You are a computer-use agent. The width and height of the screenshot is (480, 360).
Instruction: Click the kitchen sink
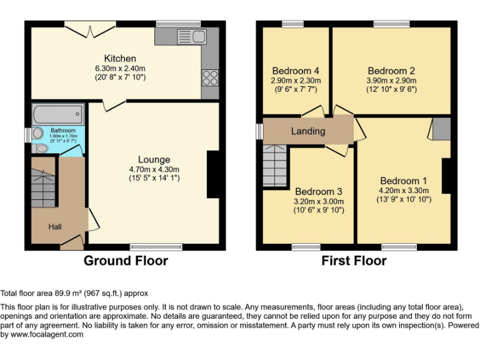(191, 36)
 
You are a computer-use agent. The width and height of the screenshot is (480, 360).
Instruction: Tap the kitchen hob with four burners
(210, 77)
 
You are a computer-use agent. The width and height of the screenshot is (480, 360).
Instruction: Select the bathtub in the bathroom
(57, 114)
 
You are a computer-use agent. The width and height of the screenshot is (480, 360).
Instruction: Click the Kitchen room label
(120, 59)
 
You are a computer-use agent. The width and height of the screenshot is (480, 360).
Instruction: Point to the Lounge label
(154, 160)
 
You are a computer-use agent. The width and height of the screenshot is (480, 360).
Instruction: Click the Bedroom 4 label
(296, 71)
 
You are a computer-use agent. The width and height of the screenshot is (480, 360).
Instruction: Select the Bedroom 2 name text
(391, 71)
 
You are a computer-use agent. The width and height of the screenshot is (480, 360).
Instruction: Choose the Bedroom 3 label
(319, 191)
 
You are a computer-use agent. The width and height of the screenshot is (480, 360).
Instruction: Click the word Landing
(308, 131)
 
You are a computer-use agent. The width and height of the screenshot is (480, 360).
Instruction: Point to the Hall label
(55, 227)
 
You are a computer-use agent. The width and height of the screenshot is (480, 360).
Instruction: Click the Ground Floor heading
(126, 261)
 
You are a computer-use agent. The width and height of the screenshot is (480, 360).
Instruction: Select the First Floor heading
(354, 261)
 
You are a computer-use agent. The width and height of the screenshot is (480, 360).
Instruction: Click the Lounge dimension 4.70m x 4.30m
(154, 169)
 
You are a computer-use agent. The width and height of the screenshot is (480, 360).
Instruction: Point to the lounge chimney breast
(212, 174)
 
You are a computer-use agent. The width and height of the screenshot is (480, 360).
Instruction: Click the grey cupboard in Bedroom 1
(441, 128)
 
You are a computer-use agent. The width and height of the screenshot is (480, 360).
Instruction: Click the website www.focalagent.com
(46, 334)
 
